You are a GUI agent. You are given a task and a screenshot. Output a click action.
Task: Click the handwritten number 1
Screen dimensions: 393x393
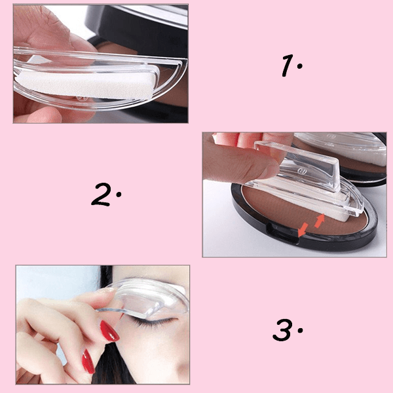pyautogui.click(x=286, y=65)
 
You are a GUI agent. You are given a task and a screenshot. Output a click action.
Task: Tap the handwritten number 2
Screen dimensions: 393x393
pyautogui.click(x=103, y=194)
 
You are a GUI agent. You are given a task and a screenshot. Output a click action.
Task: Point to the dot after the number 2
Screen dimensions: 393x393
pyautogui.click(x=119, y=196)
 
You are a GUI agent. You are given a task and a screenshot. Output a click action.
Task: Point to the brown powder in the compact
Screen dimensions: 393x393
pyautogui.click(x=262, y=206)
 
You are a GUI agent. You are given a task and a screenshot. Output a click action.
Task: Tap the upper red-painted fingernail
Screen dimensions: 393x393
pyautogui.click(x=109, y=331)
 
